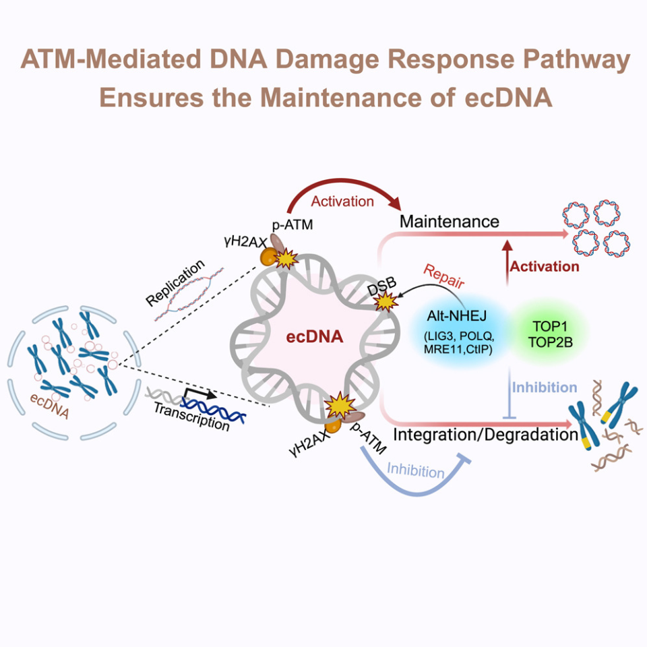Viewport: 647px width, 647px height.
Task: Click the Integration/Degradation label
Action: pyautogui.click(x=485, y=435)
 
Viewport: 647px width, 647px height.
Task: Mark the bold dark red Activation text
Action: pyautogui.click(x=545, y=266)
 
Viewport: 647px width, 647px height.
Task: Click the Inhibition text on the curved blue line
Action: pyautogui.click(x=415, y=471)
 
